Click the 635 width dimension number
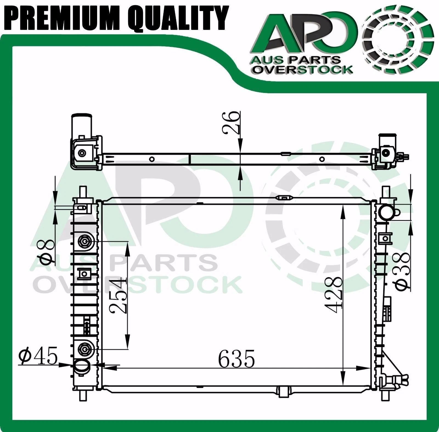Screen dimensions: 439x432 (237, 358)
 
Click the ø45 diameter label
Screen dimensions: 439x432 (38, 356)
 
